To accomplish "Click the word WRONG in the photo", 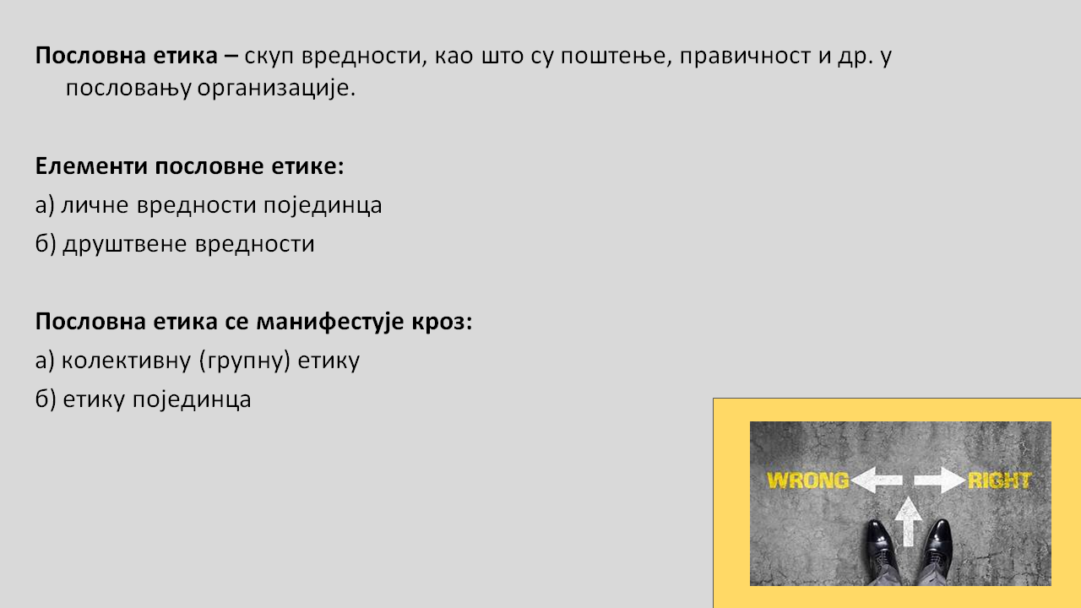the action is pos(808,480).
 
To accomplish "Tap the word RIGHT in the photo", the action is pos(999,480).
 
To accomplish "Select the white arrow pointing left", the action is pos(877,480).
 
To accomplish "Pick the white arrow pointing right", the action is pos(940,480).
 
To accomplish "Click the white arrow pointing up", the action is pos(908,521).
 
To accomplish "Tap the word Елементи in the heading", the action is pos(91,166).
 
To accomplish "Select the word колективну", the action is pos(127,361).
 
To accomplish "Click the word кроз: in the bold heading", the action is pos(442,322).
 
